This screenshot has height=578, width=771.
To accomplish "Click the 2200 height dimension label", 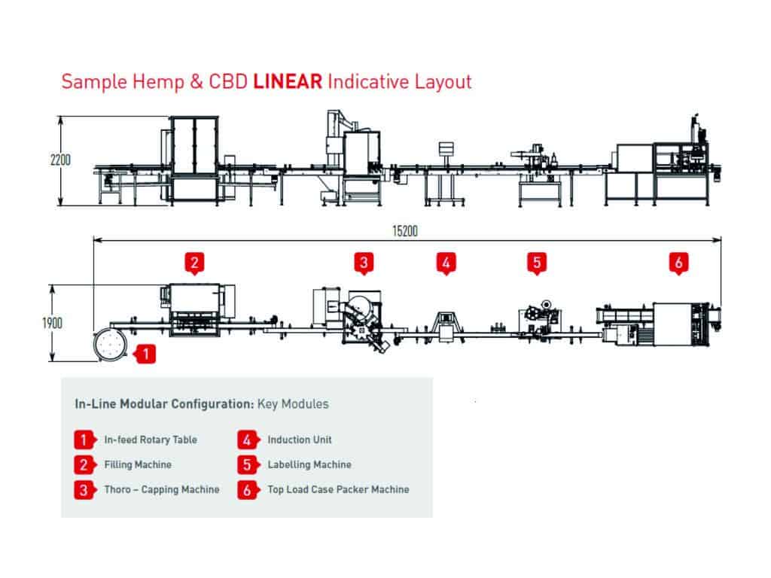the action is point(60,160).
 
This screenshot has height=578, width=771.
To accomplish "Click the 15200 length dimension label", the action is point(404,231).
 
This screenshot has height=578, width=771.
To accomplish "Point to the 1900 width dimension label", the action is point(52,323).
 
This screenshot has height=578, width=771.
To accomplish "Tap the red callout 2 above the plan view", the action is point(194,263).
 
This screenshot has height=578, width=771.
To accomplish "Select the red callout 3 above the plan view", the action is point(364,263).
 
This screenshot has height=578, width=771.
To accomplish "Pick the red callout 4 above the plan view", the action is point(446,263).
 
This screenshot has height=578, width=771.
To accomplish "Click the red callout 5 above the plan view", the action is point(537,263).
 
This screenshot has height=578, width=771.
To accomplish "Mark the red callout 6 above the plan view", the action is point(678,263).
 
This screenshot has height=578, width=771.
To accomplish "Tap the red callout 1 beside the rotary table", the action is point(144,354).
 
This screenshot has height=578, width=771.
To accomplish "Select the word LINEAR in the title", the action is point(288,81).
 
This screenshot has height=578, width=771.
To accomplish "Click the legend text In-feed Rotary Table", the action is point(151,440).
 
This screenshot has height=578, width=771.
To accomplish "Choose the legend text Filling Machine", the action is point(138,464).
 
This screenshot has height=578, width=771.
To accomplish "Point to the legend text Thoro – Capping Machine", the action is point(162,489).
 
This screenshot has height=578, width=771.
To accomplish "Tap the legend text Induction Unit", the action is point(300,440).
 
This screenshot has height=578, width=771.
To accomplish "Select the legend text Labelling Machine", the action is point(309,464).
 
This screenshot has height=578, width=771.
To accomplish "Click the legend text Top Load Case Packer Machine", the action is point(338,489).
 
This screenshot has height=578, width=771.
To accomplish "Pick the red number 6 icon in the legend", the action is point(247,490).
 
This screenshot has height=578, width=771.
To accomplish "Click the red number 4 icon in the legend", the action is point(247,440).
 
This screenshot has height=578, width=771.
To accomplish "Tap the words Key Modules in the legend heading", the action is point(293,404).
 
